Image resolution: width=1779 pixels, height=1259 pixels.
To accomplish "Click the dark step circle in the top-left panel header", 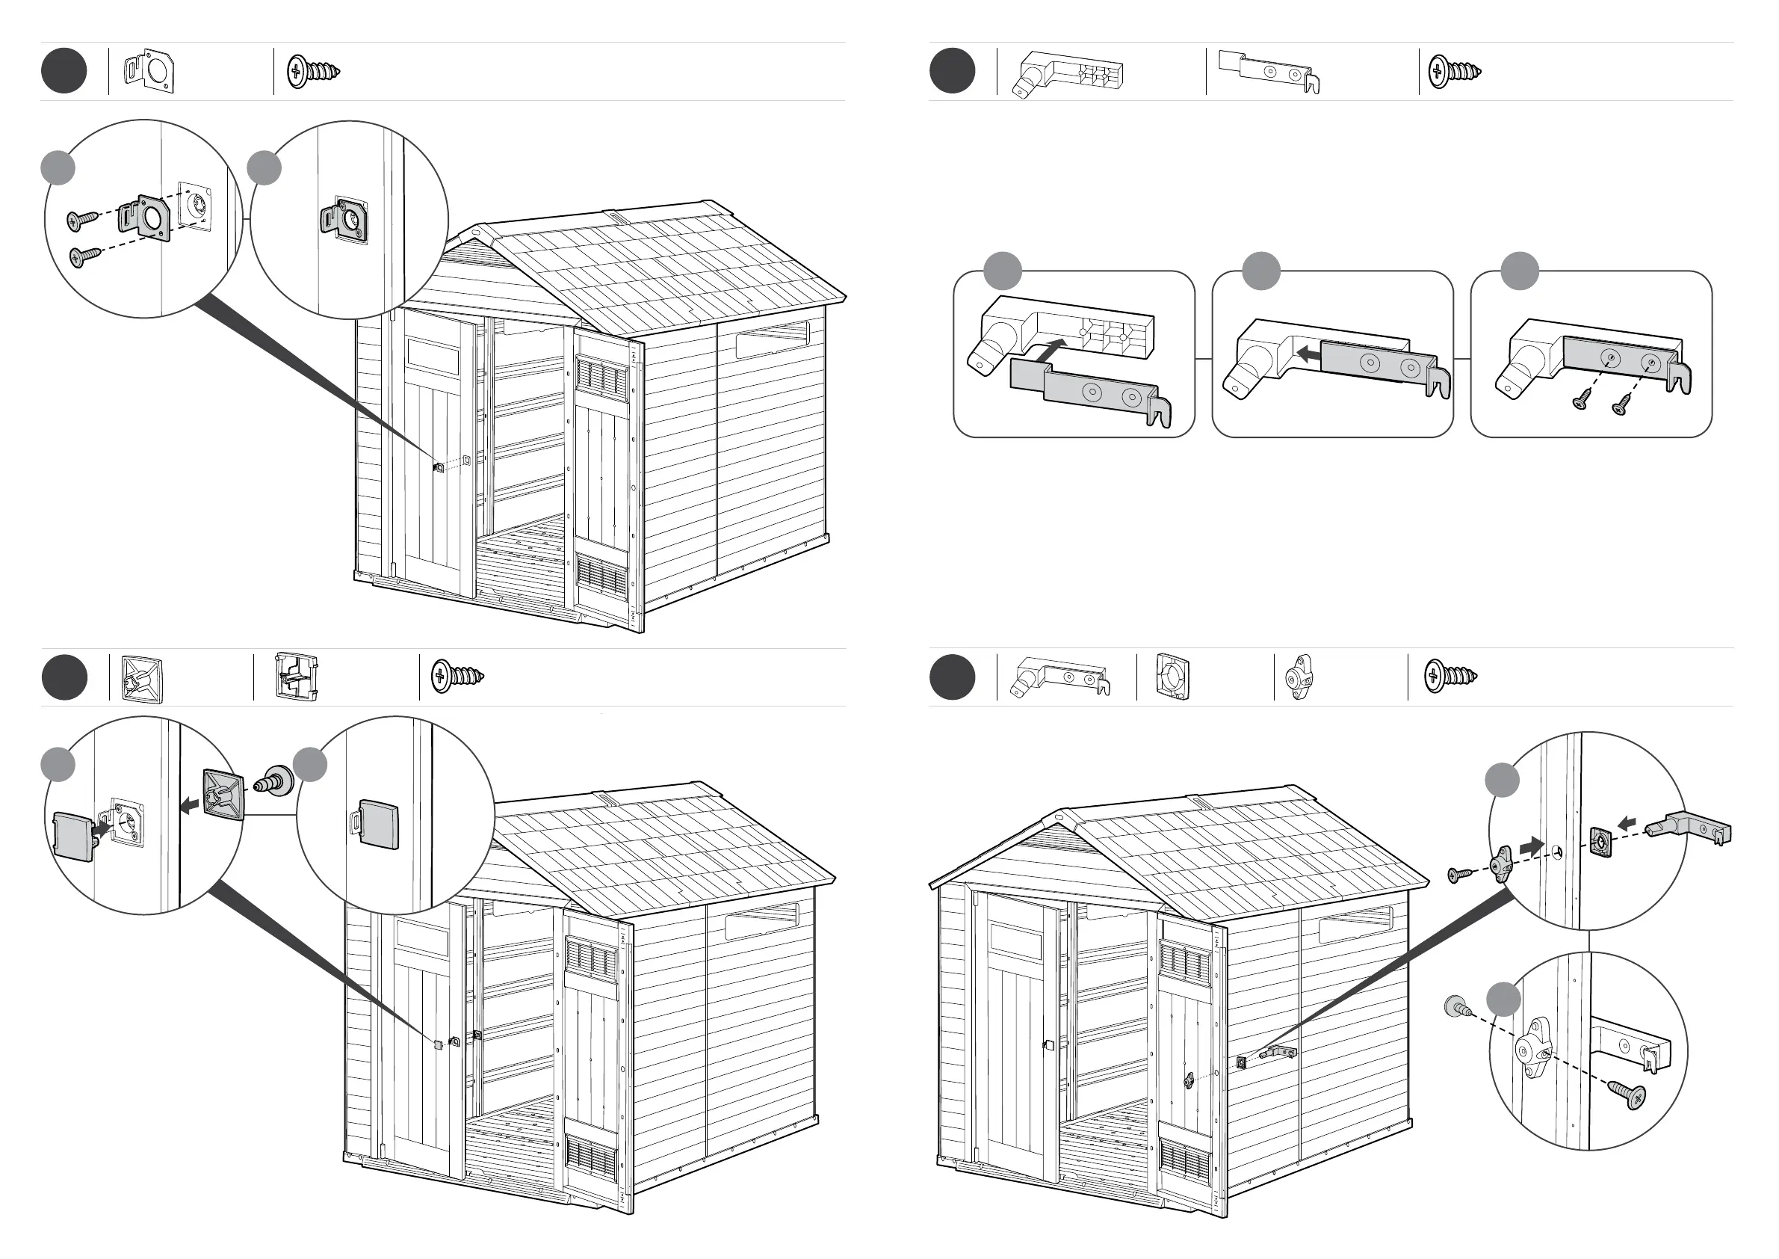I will (x=64, y=71).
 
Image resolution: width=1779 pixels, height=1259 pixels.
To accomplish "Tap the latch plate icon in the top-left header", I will (x=149, y=71).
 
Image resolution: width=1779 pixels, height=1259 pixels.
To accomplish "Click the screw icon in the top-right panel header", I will (x=1453, y=71).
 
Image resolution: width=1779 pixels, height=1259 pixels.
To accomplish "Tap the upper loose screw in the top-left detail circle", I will (x=81, y=219).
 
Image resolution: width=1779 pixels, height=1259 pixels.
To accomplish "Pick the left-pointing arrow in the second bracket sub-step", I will (x=1310, y=354).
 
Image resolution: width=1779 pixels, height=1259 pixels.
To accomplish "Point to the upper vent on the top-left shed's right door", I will (x=601, y=376).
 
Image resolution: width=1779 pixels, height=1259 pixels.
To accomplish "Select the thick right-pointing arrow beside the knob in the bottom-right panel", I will (x=1530, y=846).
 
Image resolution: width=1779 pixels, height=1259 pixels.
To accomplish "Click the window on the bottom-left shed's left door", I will (x=421, y=939).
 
